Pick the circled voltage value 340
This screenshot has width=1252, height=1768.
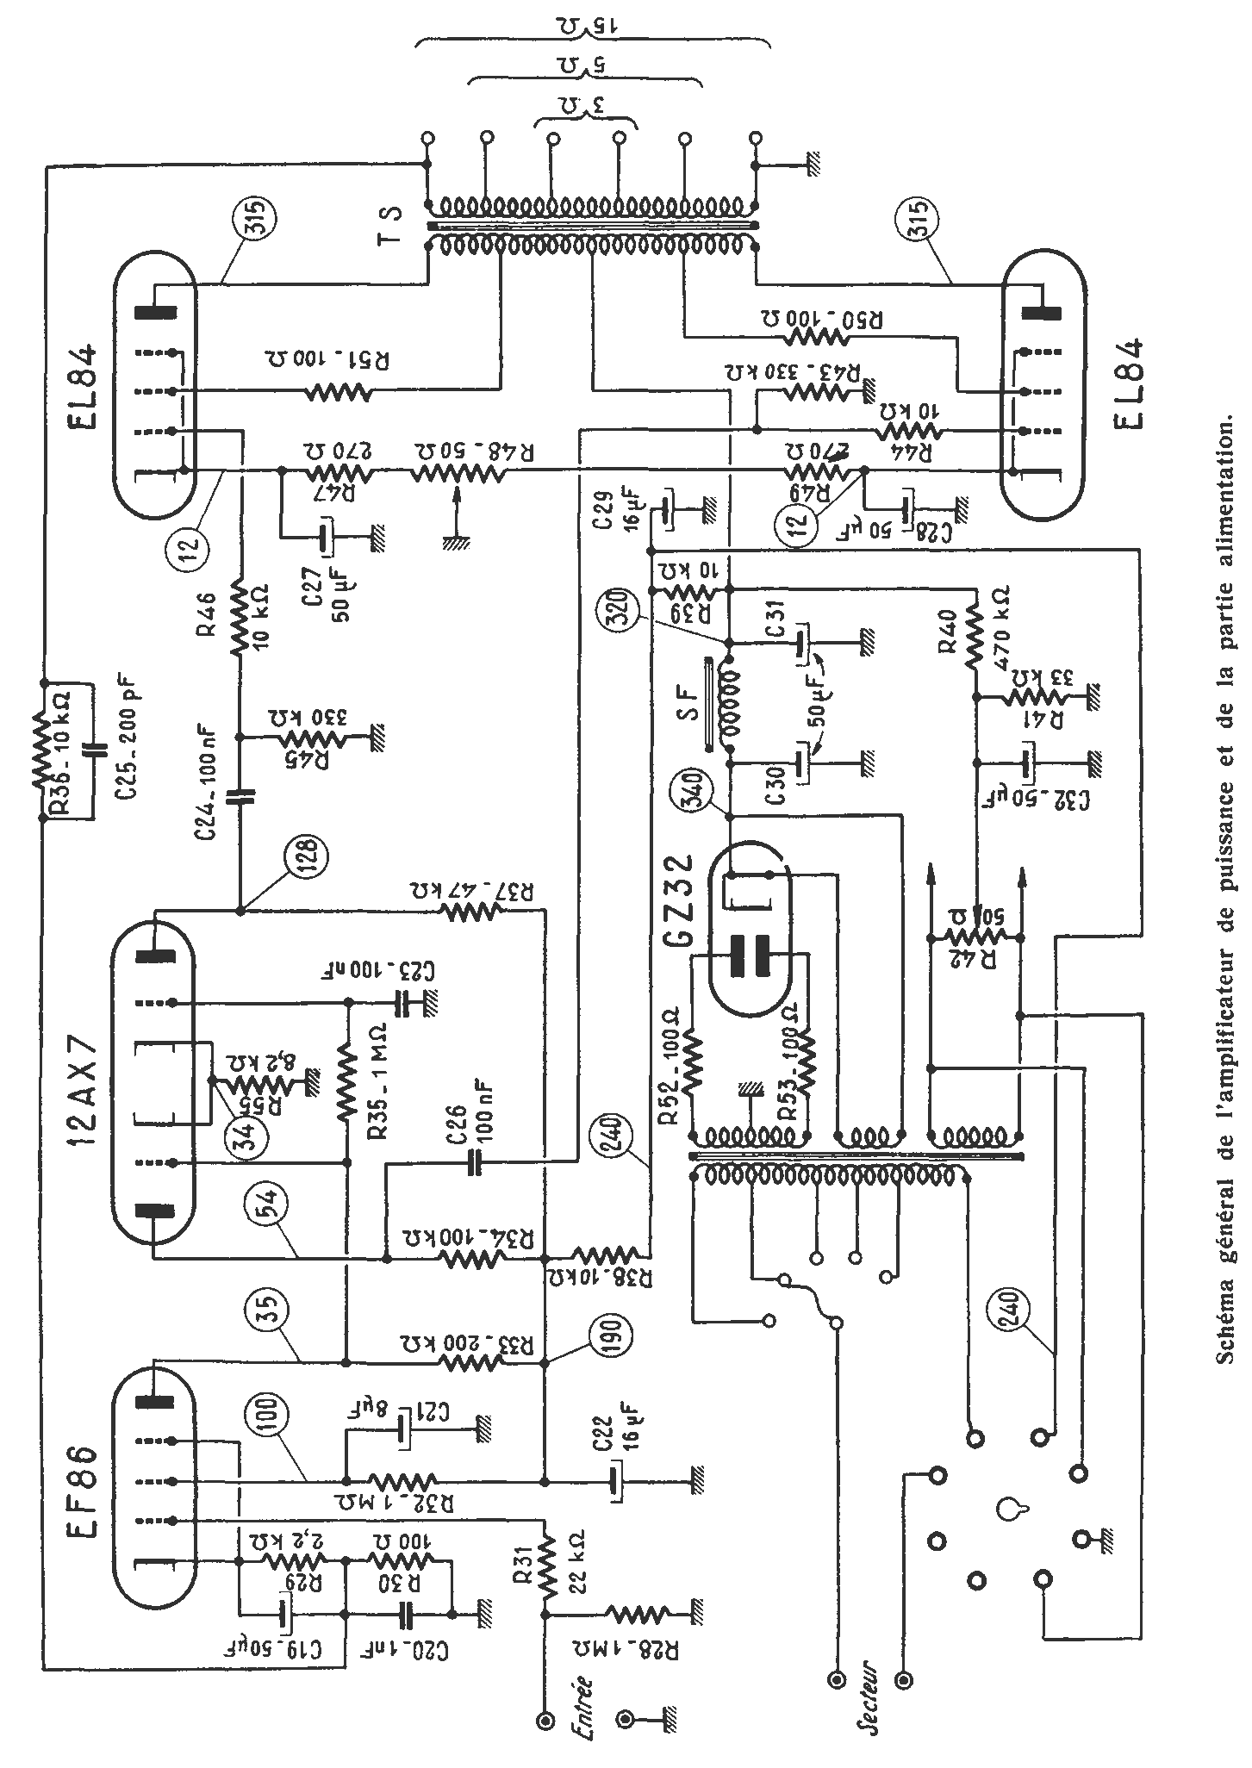pyautogui.click(x=695, y=789)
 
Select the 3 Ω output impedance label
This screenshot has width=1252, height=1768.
pyautogui.click(x=586, y=107)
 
